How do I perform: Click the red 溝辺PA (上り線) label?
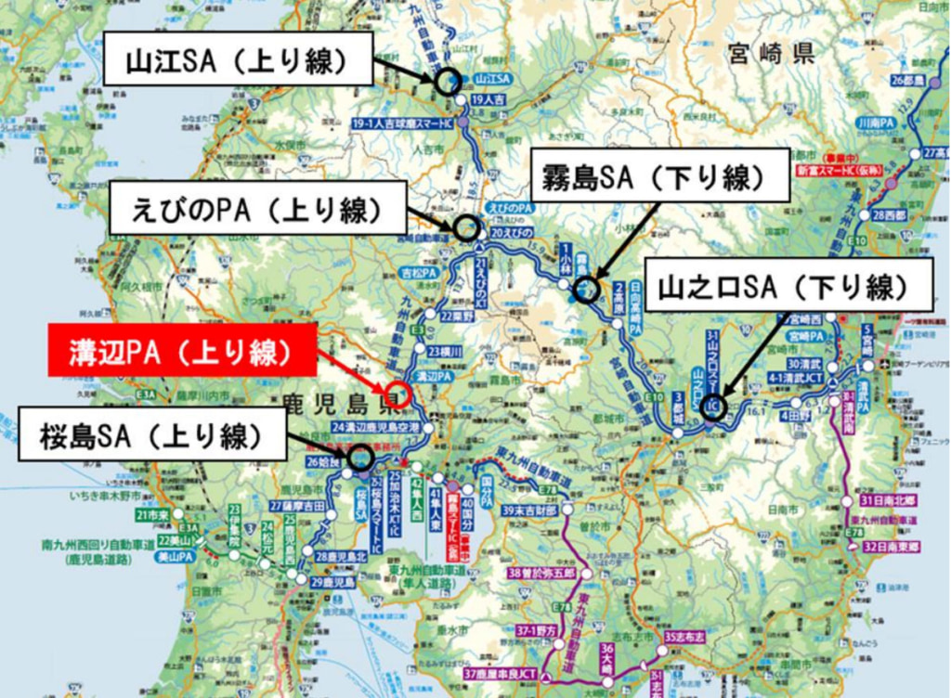(x=182, y=351)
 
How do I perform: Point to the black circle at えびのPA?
(x=466, y=226)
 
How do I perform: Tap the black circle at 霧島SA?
(x=586, y=290)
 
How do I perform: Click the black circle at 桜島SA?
(x=360, y=457)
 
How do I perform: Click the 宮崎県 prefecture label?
(x=770, y=53)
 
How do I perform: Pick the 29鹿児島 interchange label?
(x=333, y=582)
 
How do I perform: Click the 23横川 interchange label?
(x=447, y=350)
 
